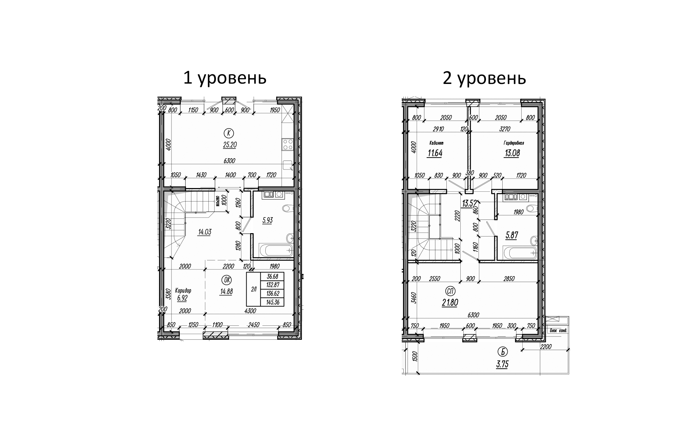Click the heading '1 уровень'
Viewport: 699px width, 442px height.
click(x=225, y=79)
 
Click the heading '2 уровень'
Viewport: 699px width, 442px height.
click(x=484, y=79)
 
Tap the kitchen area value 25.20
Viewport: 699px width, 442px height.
click(x=230, y=145)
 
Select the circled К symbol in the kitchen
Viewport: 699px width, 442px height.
click(x=229, y=134)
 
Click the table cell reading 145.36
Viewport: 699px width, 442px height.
click(x=273, y=302)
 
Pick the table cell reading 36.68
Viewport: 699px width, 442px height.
click(x=273, y=276)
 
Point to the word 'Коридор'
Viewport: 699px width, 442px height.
click(x=183, y=290)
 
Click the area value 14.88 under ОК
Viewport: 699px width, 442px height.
click(x=226, y=291)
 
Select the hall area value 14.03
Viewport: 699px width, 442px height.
click(x=204, y=232)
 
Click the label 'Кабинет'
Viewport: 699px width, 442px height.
click(x=436, y=143)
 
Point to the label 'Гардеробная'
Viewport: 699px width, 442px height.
click(x=514, y=143)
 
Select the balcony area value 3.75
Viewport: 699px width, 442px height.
click(x=502, y=364)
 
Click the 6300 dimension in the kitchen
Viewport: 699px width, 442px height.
click(x=229, y=161)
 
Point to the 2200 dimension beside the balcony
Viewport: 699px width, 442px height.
click(x=546, y=347)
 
